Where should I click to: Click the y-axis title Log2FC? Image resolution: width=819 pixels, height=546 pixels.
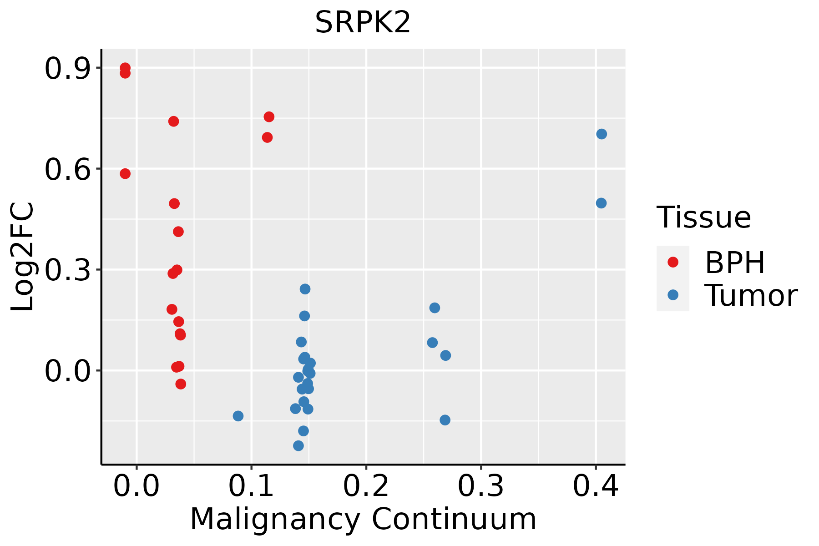click(x=23, y=257)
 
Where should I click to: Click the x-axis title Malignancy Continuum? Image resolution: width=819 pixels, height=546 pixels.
click(x=363, y=519)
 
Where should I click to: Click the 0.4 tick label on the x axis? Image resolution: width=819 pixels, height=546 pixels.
click(x=595, y=486)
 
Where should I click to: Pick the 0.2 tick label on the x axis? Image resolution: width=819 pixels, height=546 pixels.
click(x=366, y=486)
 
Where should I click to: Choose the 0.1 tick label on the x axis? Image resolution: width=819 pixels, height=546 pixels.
click(x=251, y=486)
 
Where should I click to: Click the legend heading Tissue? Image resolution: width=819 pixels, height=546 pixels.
click(x=704, y=217)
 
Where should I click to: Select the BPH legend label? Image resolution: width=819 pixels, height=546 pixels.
click(x=735, y=263)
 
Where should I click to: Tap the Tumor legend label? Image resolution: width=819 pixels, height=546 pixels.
click(x=751, y=296)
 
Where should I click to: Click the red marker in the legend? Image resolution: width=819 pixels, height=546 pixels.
click(x=672, y=262)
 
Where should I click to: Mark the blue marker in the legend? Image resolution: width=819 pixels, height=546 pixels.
click(x=672, y=295)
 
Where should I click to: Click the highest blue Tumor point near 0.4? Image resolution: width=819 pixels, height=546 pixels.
click(x=602, y=134)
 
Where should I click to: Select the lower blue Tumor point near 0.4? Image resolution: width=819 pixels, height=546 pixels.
click(x=601, y=203)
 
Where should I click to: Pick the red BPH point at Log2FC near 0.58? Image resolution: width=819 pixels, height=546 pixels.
click(x=125, y=173)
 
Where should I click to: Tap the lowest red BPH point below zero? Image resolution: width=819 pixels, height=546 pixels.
click(x=181, y=384)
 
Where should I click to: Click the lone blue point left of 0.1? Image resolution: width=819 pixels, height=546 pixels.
click(x=238, y=416)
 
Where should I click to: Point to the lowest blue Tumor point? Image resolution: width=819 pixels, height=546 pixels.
click(x=298, y=445)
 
